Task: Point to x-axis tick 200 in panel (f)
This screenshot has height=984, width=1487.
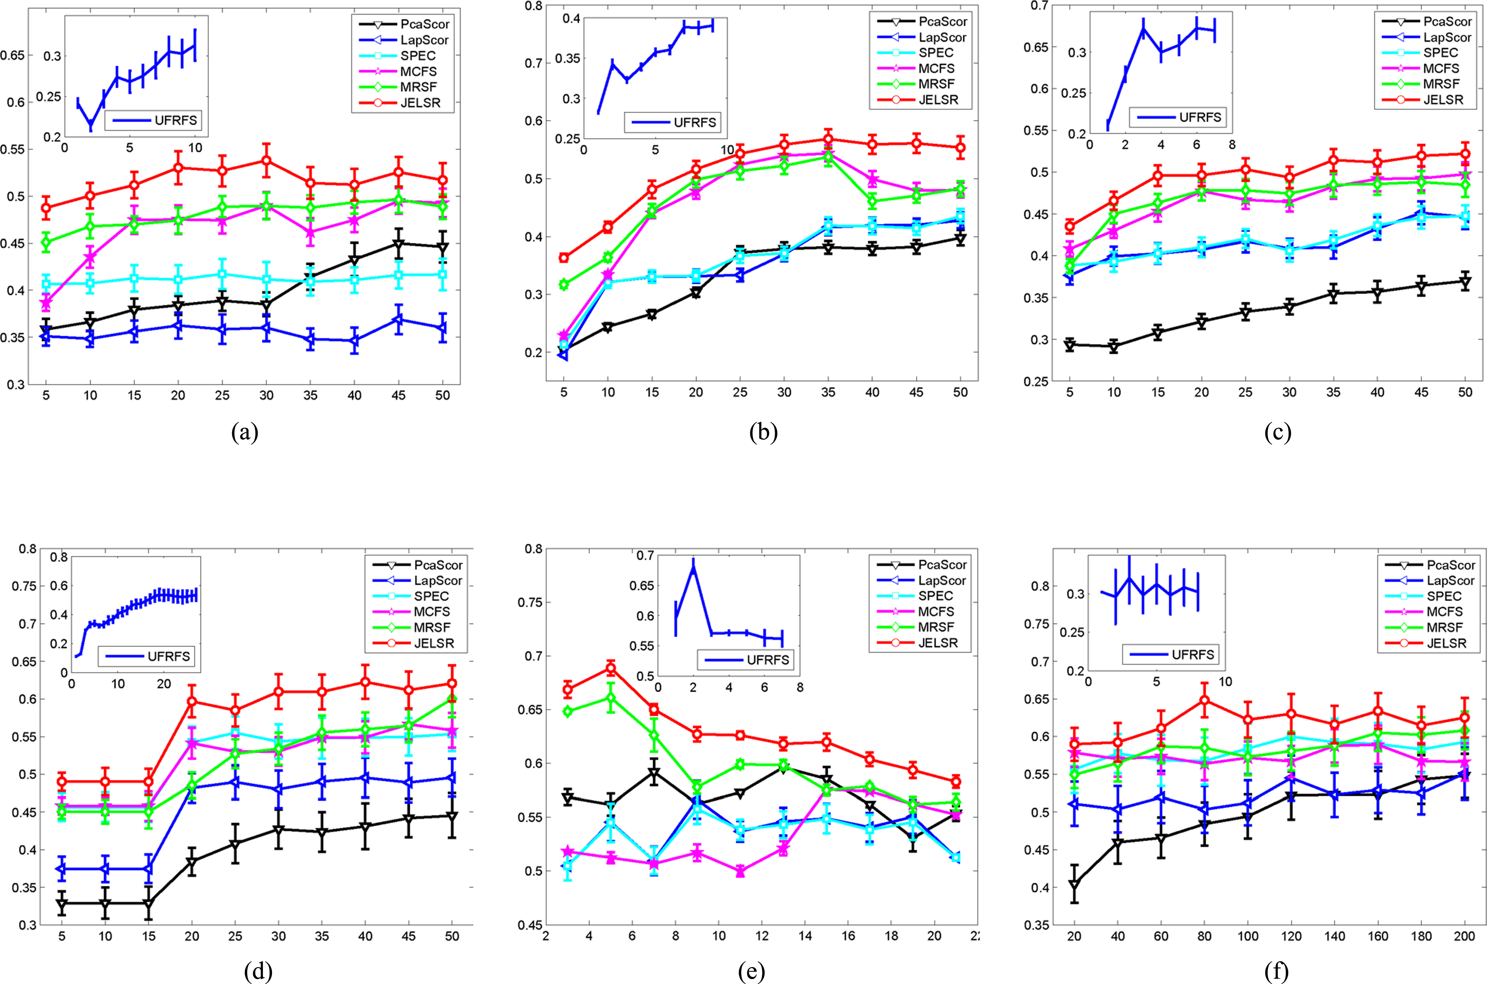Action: click(1465, 936)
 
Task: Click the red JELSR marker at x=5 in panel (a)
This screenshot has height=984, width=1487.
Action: click(46, 208)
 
